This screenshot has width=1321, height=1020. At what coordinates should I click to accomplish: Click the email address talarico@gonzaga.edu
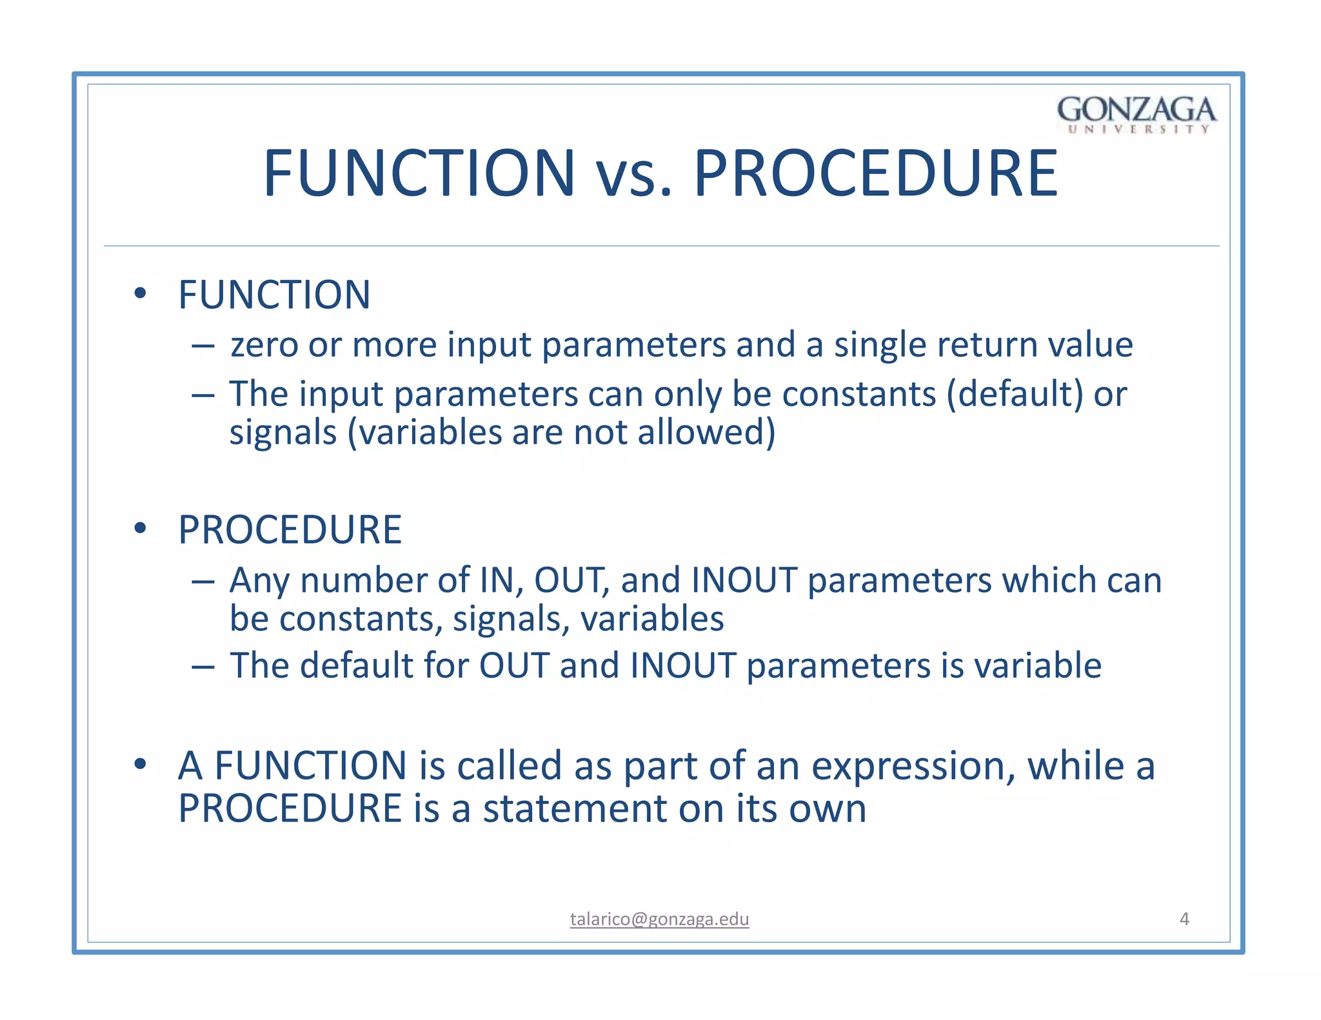(x=659, y=919)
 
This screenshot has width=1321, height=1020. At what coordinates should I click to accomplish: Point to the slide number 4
(x=1184, y=919)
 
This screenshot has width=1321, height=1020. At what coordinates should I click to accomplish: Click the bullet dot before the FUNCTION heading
(x=140, y=294)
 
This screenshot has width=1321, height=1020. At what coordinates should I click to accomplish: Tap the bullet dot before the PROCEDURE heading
(x=140, y=529)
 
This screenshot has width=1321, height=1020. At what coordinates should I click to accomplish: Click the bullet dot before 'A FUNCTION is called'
(x=140, y=764)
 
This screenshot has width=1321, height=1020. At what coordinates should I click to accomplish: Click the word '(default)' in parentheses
(x=1015, y=394)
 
